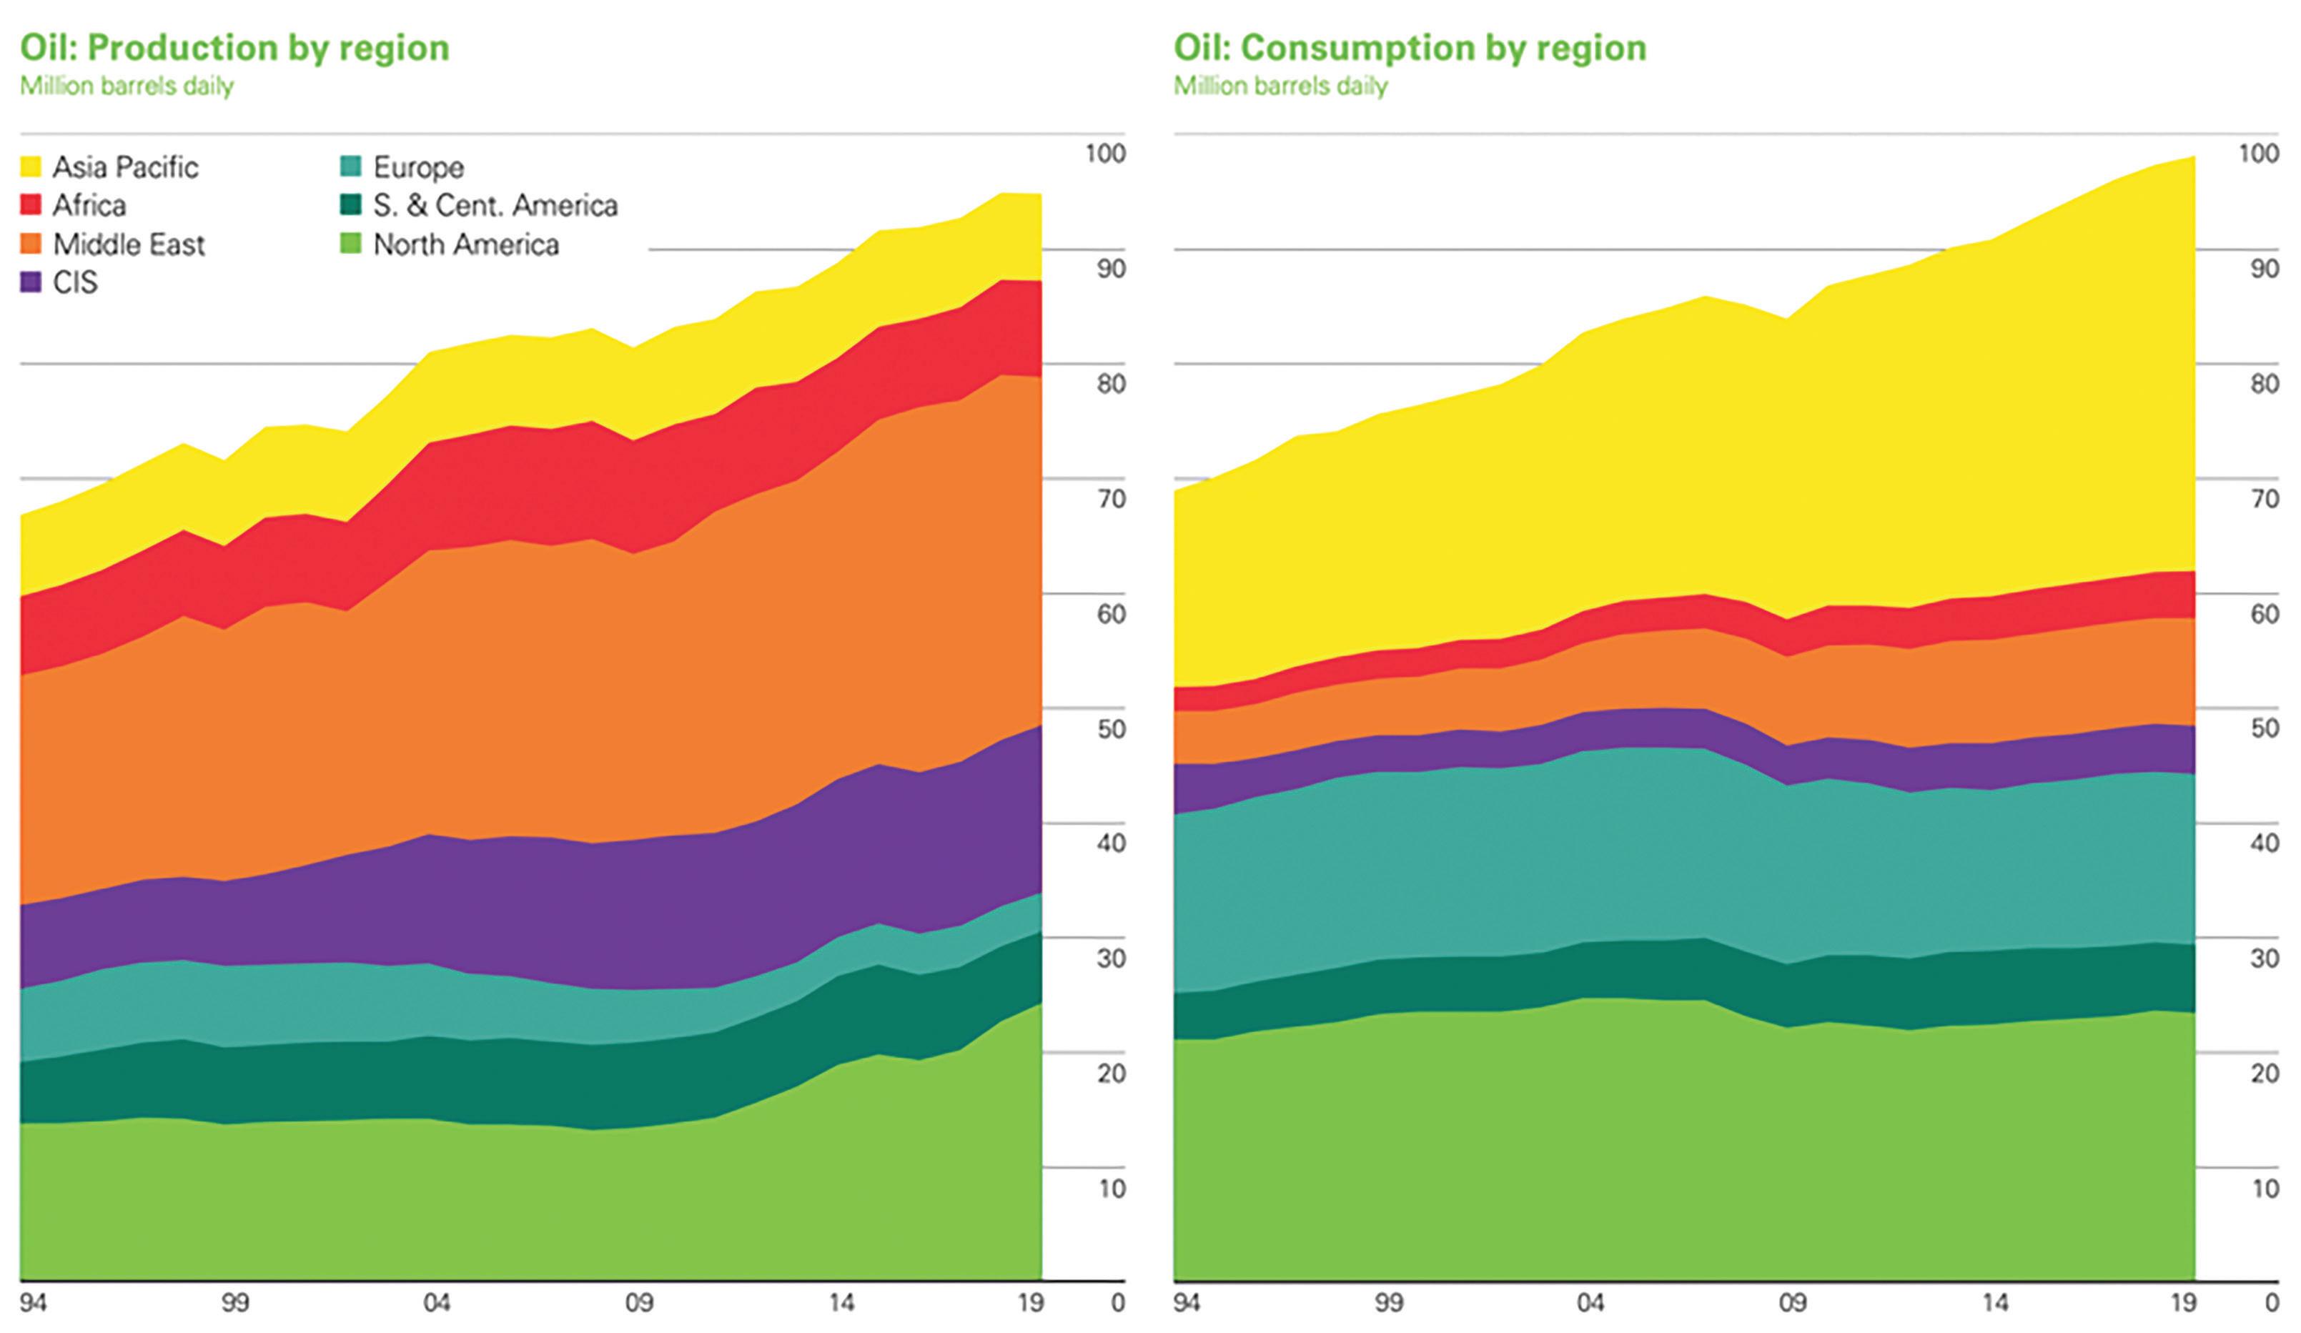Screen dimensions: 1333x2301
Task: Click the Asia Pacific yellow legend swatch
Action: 31,167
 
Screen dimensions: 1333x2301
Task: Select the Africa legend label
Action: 89,205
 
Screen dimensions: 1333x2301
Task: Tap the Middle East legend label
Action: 129,244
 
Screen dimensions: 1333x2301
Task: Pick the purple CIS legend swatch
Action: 31,283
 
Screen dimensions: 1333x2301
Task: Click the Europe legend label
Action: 418,167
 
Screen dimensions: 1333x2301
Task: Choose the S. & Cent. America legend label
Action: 495,205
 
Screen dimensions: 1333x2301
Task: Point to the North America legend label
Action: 465,244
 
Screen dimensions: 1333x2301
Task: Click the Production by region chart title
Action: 234,47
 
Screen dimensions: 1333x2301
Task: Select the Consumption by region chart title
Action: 1409,47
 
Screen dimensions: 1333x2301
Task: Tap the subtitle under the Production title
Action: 127,86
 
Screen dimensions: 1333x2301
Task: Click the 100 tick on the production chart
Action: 1105,154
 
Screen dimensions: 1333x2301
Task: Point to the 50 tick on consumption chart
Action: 2265,728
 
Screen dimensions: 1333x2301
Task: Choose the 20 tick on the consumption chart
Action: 2265,1074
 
